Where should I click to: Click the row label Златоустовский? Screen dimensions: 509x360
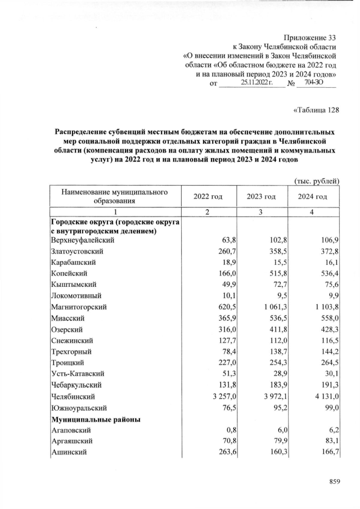pyautogui.click(x=78, y=251)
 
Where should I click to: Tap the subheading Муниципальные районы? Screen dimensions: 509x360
pyautogui.click(x=96, y=419)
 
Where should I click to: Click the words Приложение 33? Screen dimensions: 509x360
pyautogui.click(x=308, y=37)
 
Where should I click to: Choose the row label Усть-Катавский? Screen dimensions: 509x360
pyautogui.click(x=80, y=374)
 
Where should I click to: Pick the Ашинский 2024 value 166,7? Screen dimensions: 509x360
pyautogui.click(x=328, y=452)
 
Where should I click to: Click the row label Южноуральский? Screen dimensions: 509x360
pyautogui.click(x=79, y=407)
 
